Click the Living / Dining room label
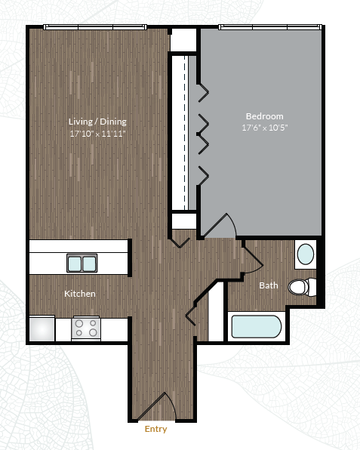[97, 122]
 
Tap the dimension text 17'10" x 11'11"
[97, 134]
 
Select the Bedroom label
[264, 116]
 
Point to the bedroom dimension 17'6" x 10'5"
[264, 128]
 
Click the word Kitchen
[79, 294]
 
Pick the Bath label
[268, 285]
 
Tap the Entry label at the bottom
[155, 430]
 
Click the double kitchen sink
[82, 264]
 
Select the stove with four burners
[86, 328]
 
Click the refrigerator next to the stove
[42, 328]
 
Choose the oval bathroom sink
[305, 254]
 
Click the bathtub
[256, 327]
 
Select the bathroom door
[252, 257]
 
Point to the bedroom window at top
[269, 28]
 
